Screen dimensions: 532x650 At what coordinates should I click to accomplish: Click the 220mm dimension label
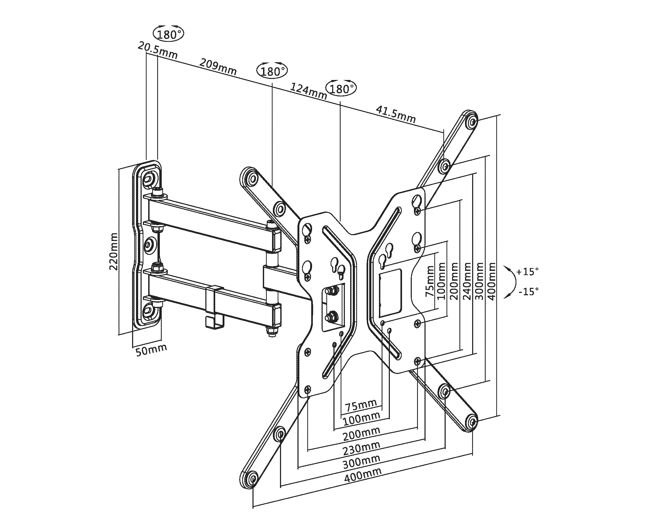tap(113, 251)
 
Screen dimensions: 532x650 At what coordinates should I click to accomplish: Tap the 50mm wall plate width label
tap(151, 350)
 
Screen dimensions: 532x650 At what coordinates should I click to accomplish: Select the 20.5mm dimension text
tap(157, 51)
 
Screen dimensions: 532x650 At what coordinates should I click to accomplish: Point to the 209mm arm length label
tap(218, 67)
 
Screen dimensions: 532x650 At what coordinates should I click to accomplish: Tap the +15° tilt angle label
tap(527, 271)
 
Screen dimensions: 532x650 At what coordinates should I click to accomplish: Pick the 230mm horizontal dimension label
tap(362, 449)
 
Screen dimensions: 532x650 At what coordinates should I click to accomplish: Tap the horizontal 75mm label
tap(361, 406)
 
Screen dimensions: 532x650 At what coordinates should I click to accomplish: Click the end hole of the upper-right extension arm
tap(472, 122)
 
